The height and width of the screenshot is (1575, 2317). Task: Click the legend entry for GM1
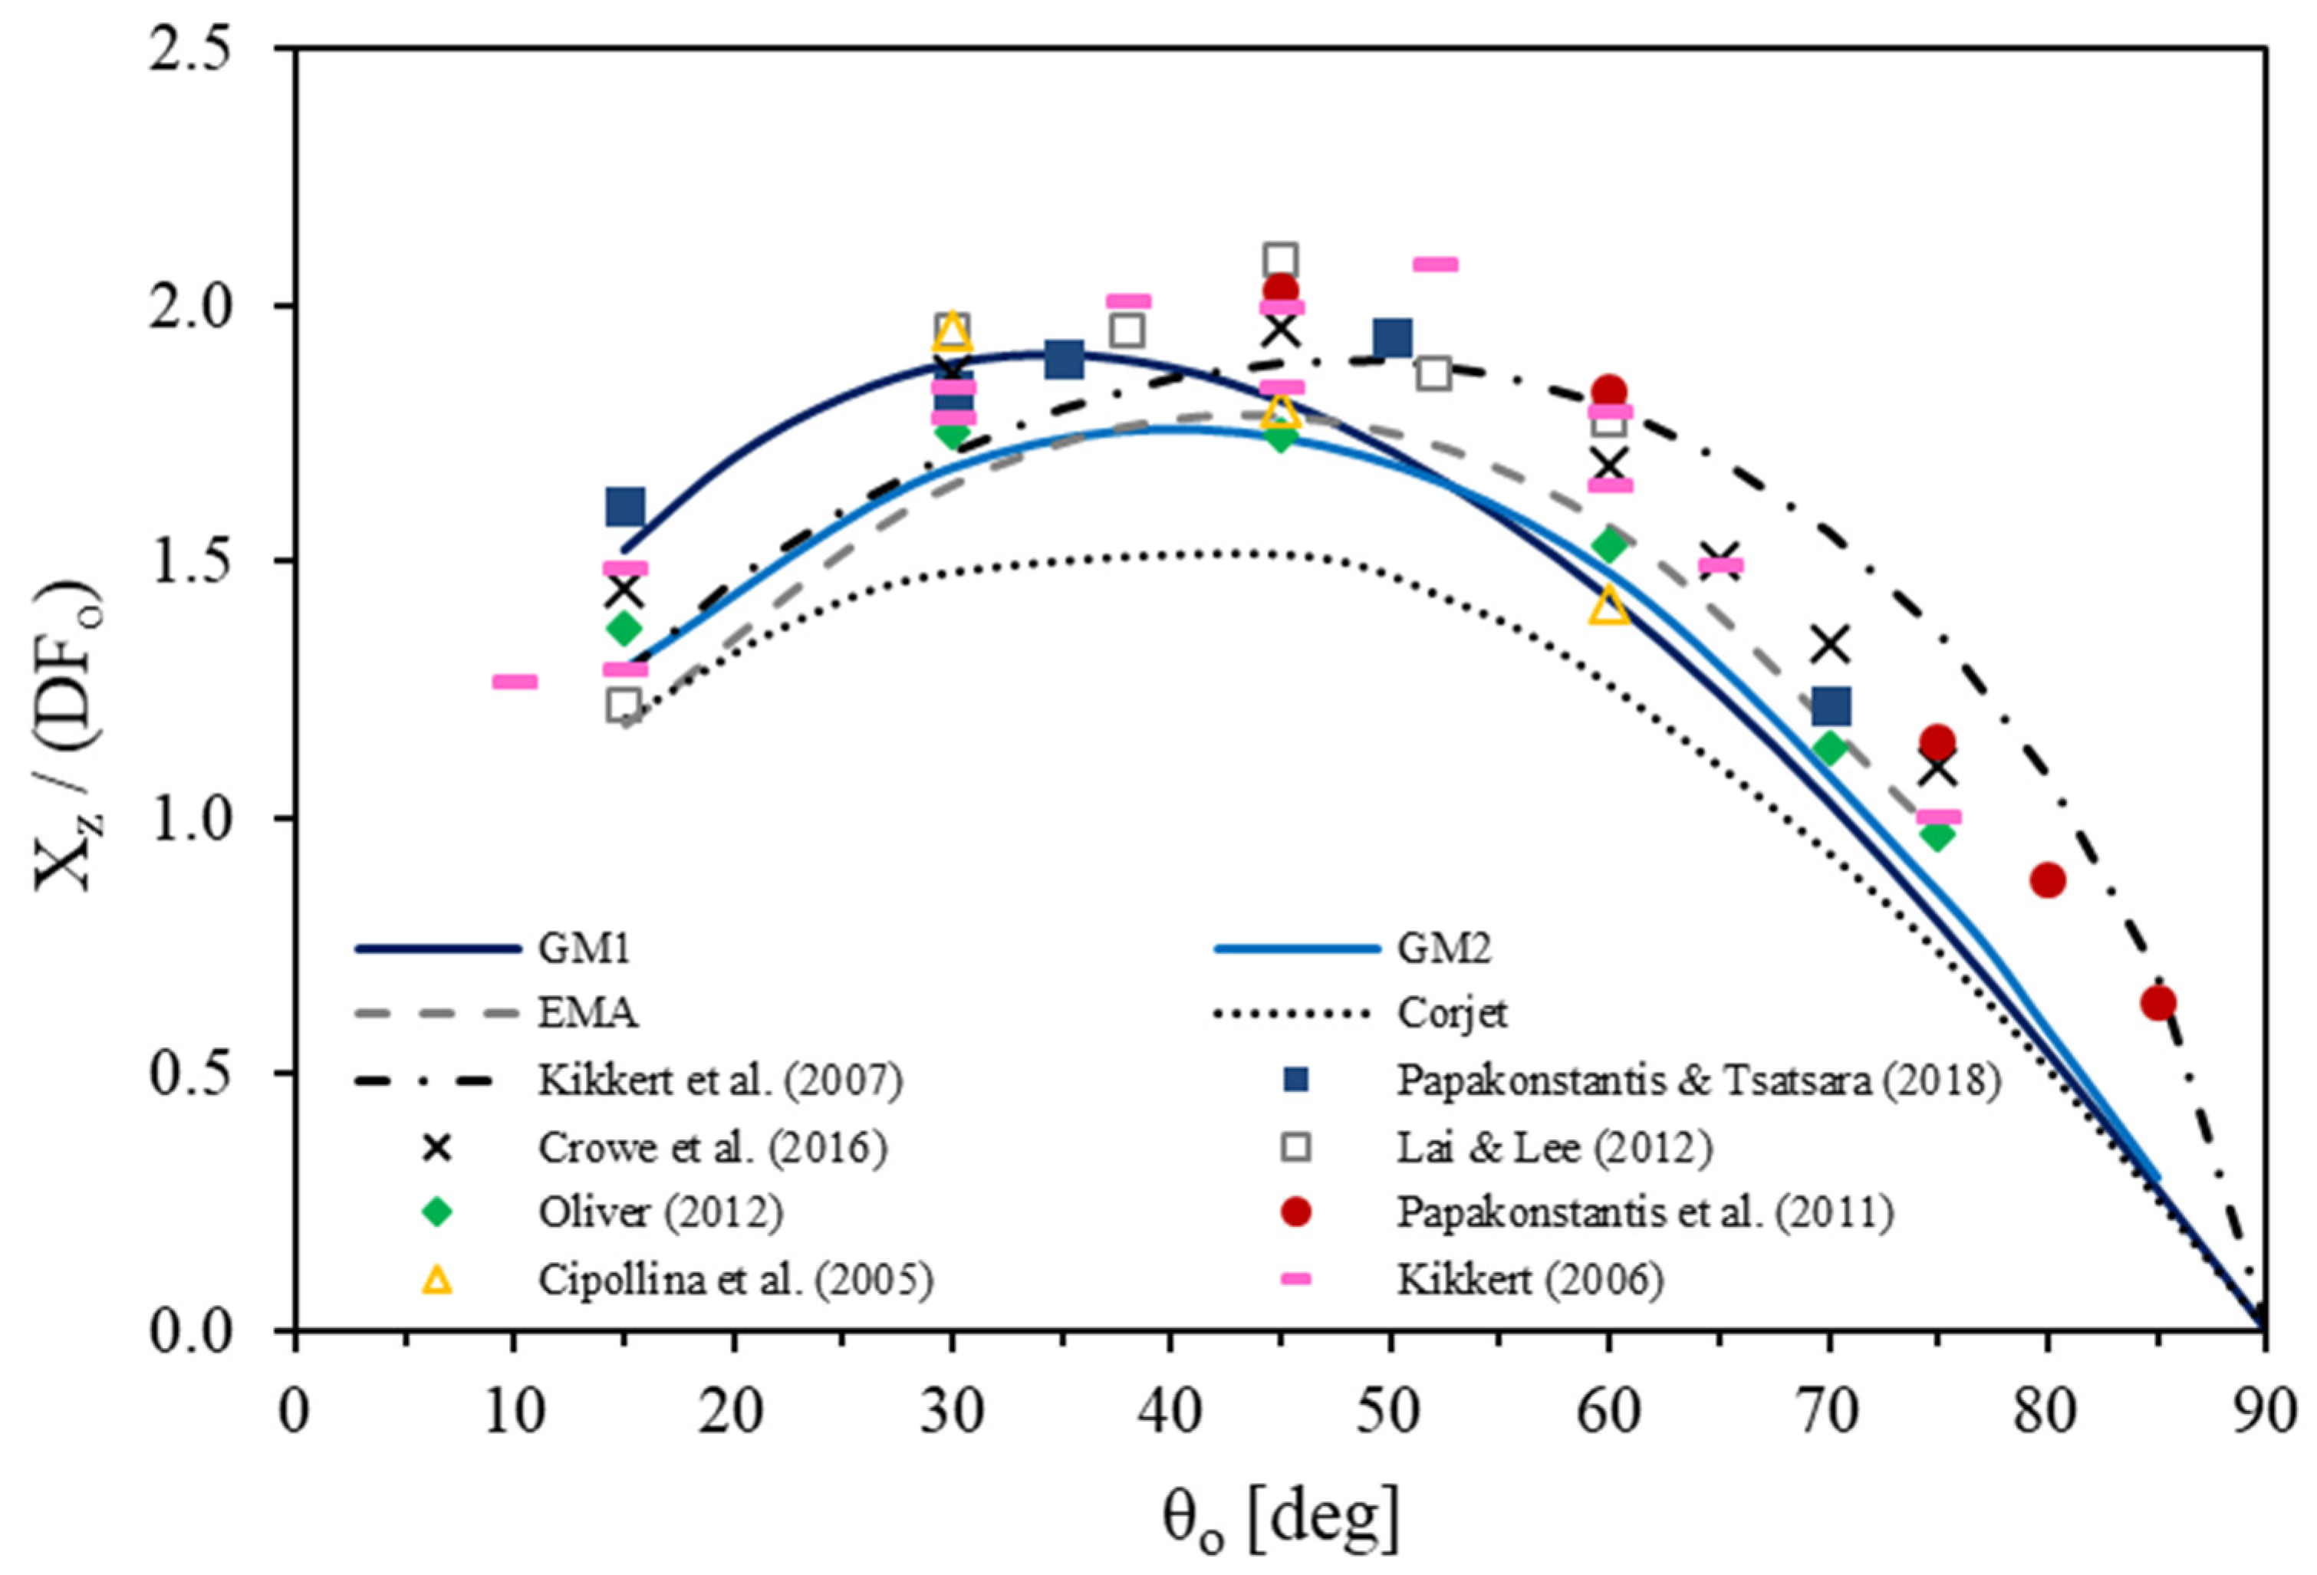click(x=584, y=948)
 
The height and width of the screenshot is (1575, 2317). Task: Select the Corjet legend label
click(x=1452, y=1014)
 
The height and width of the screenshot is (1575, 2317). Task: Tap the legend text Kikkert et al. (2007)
click(x=720, y=1080)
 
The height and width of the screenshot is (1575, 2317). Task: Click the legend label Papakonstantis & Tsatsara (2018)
click(x=1698, y=1080)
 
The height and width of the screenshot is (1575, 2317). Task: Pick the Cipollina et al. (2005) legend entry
click(x=736, y=1280)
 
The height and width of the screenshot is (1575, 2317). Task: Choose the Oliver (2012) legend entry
click(x=660, y=1213)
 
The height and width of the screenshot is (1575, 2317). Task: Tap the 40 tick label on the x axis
click(x=1170, y=1412)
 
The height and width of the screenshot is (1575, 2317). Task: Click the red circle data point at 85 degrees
click(x=2157, y=1003)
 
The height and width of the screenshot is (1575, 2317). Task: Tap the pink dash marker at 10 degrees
click(x=515, y=682)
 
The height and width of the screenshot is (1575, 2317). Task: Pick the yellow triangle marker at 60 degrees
click(x=1608, y=606)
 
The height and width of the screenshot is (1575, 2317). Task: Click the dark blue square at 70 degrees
click(x=1831, y=705)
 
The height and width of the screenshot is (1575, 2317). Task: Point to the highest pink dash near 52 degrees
click(x=1435, y=264)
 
